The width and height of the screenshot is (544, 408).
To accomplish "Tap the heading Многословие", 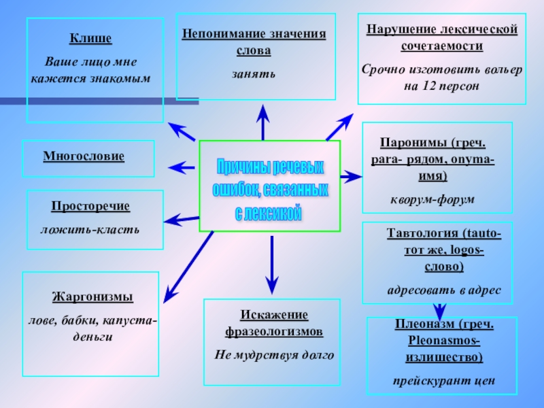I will point(84,156).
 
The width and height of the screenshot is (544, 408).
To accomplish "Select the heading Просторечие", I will point(90,206).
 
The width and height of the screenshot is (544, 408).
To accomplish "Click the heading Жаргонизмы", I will point(92,297).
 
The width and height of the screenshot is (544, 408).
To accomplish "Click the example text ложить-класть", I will point(90,229).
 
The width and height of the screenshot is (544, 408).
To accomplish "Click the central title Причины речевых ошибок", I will point(269,190).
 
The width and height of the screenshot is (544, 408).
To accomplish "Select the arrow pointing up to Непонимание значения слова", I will point(262,122).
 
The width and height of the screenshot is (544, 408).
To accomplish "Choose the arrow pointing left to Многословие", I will point(181,166).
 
